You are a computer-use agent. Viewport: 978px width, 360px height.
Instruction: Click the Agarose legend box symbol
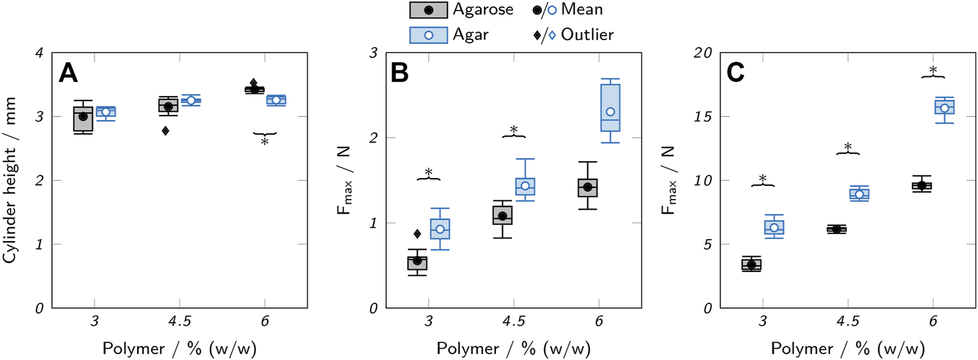[428, 10]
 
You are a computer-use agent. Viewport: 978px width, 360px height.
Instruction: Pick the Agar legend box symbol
[428, 35]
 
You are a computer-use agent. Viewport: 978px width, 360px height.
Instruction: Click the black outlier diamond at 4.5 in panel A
[166, 131]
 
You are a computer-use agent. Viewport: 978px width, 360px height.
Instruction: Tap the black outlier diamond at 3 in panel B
[417, 234]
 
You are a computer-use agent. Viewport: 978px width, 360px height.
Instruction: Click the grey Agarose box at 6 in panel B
[587, 187]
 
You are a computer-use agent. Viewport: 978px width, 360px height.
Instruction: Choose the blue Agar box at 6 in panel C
[945, 107]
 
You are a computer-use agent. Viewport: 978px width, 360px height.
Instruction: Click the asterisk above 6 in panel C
[933, 70]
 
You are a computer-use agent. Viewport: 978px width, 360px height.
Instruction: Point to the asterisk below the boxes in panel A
[265, 141]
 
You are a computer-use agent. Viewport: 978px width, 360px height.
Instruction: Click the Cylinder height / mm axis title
[11, 180]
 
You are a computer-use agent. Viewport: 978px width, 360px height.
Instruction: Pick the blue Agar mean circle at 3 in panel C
[774, 227]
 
